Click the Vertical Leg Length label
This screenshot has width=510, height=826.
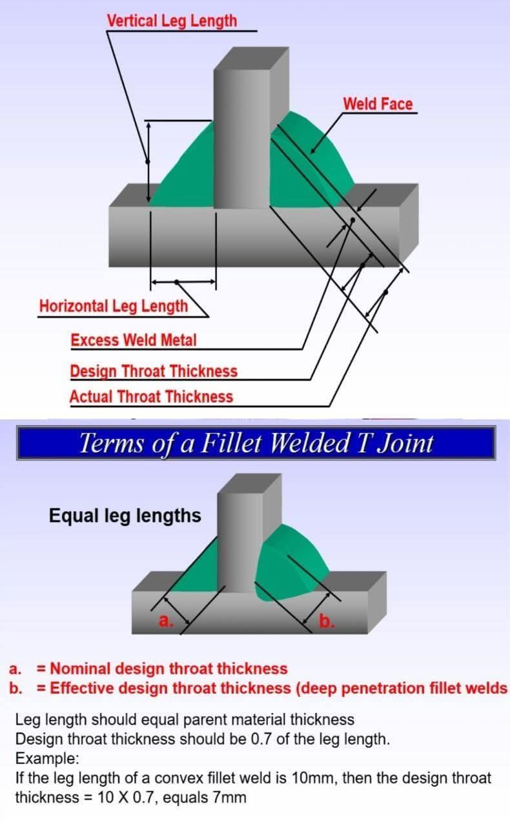click(172, 21)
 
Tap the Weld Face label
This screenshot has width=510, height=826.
click(378, 104)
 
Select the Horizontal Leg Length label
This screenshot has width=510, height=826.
click(114, 306)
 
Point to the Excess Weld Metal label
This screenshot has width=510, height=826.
click(134, 339)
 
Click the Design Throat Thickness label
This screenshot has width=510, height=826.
click(154, 371)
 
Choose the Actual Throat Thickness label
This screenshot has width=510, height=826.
click(151, 396)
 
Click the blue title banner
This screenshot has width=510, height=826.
click(256, 443)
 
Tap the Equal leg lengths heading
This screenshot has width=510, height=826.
click(125, 516)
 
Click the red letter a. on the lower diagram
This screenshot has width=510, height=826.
click(165, 621)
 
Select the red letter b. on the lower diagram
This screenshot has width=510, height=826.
click(327, 621)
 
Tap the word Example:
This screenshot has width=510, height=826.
click(47, 758)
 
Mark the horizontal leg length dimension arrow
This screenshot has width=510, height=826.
click(183, 282)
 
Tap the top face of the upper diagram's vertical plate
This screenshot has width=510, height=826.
click(251, 59)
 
